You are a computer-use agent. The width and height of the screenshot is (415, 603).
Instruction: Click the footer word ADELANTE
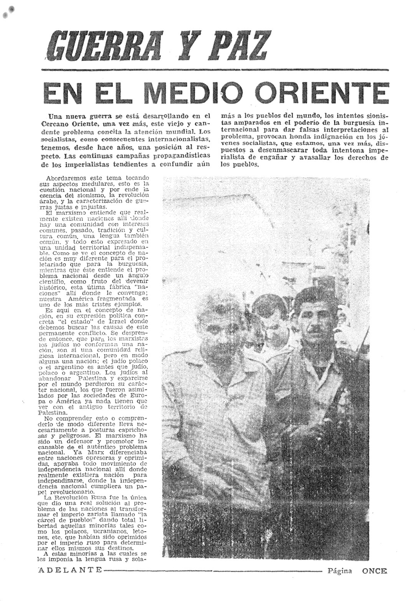point(70,570)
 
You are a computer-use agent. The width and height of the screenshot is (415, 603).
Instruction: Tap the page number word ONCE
point(374,570)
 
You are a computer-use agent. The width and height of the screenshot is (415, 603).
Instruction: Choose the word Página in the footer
point(339,570)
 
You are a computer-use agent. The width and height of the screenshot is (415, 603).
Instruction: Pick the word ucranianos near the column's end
point(103,532)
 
